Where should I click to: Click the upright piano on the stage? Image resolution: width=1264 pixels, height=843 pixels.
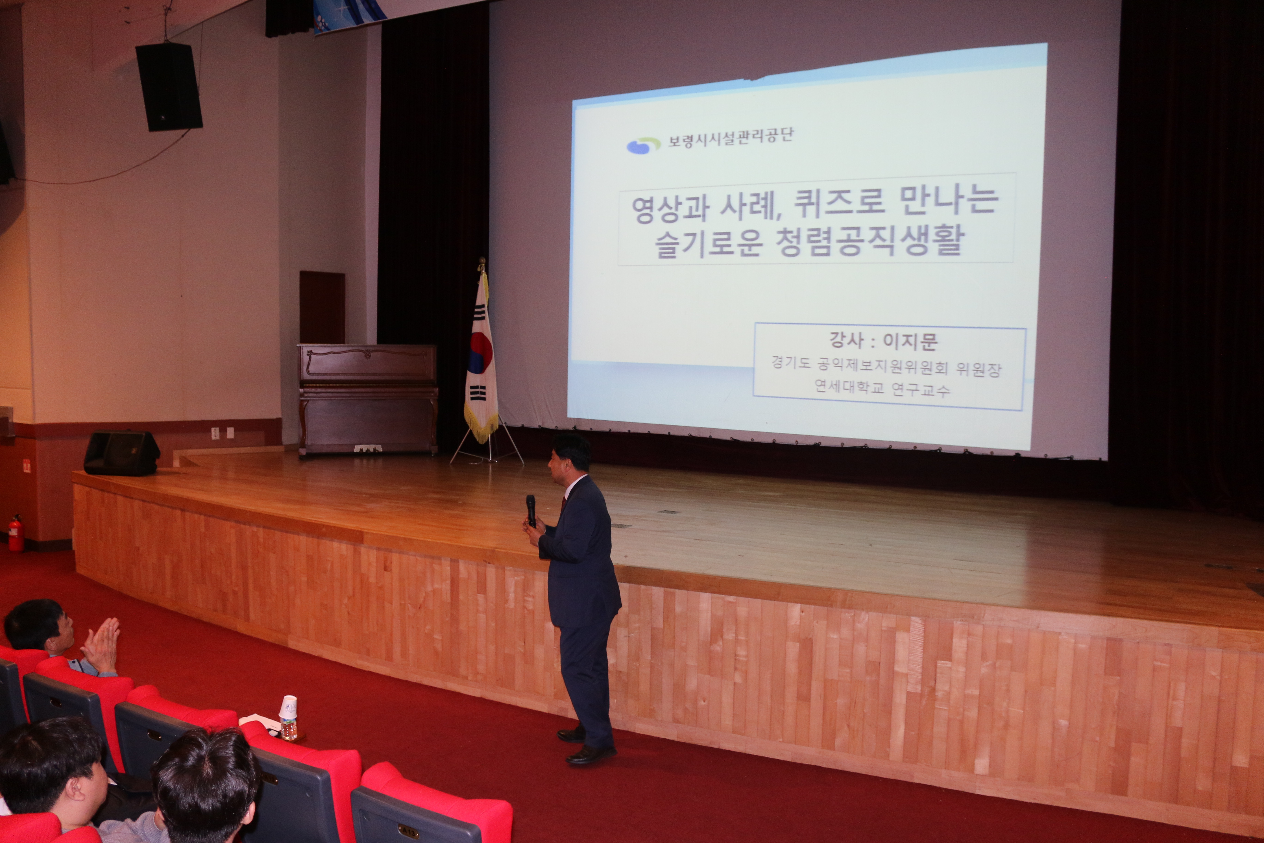tap(368, 400)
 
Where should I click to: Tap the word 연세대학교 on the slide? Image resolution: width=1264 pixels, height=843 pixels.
tap(849, 386)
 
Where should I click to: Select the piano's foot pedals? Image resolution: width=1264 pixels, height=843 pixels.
tap(368, 448)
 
